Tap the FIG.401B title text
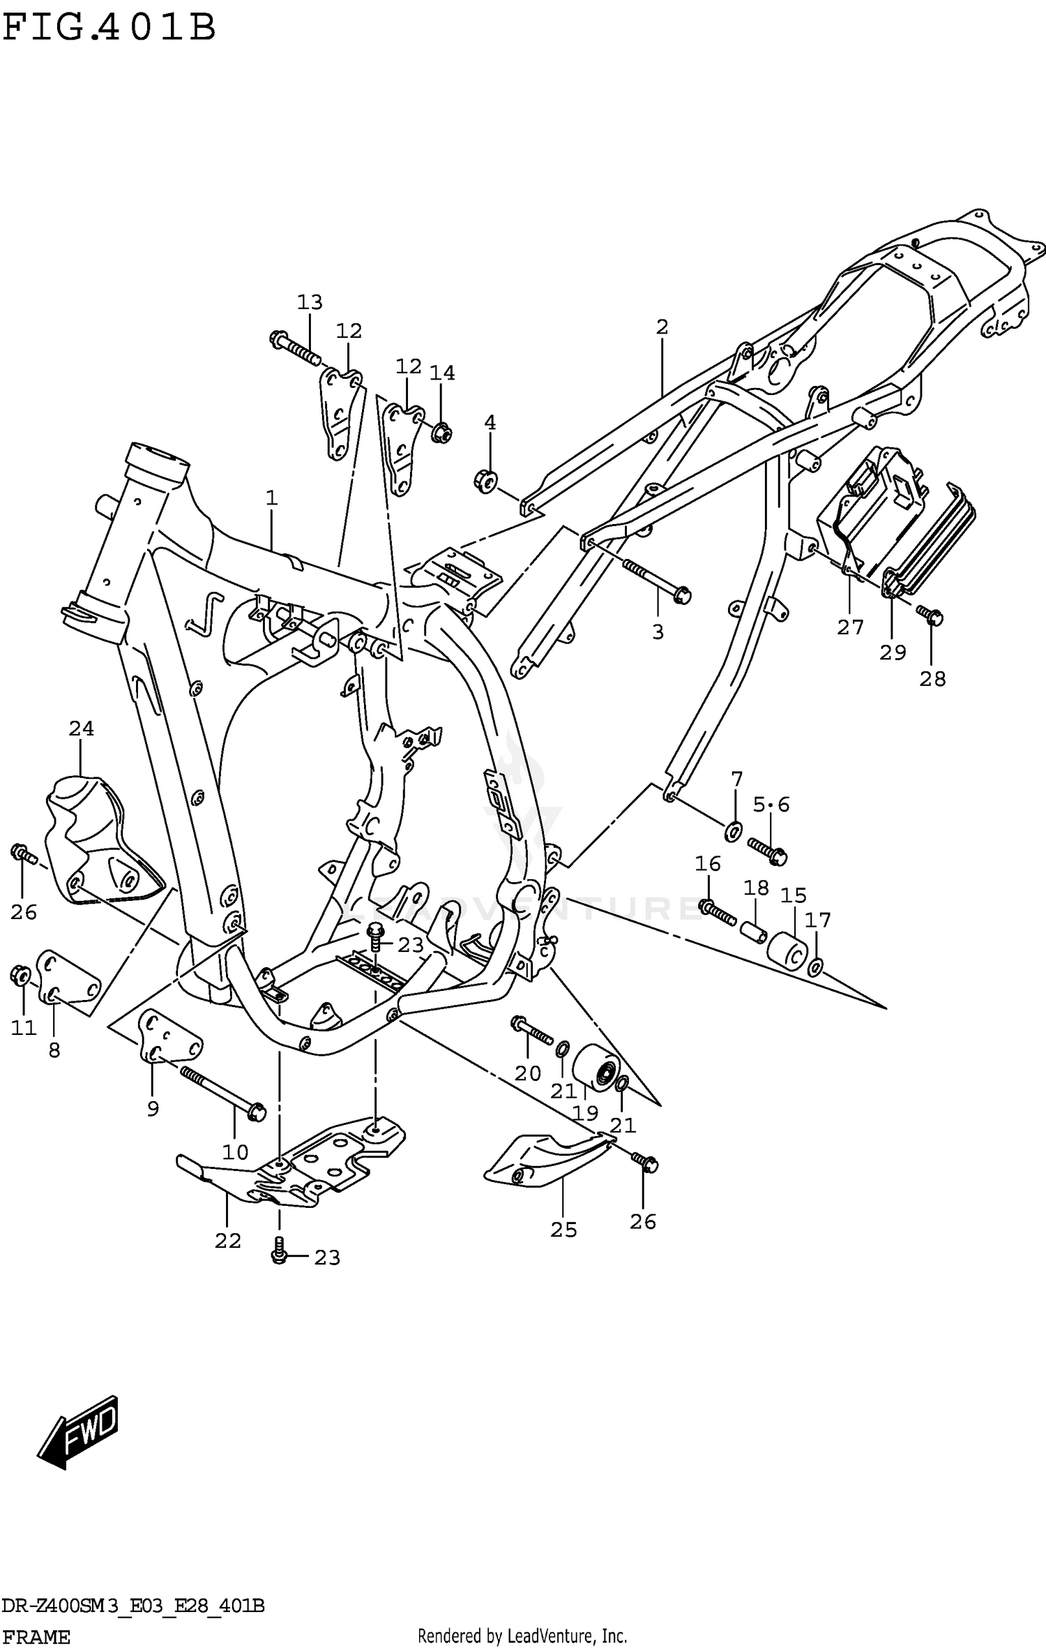[x=109, y=29]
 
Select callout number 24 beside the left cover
[x=81, y=729]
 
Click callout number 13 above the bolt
[x=310, y=303]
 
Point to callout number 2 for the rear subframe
[x=662, y=327]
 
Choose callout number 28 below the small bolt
[x=932, y=678]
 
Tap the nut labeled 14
[x=441, y=433]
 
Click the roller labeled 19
[x=596, y=1067]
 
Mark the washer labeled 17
[x=814, y=967]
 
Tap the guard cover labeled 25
[x=544, y=1163]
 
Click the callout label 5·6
[x=771, y=805]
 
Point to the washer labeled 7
[x=734, y=830]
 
